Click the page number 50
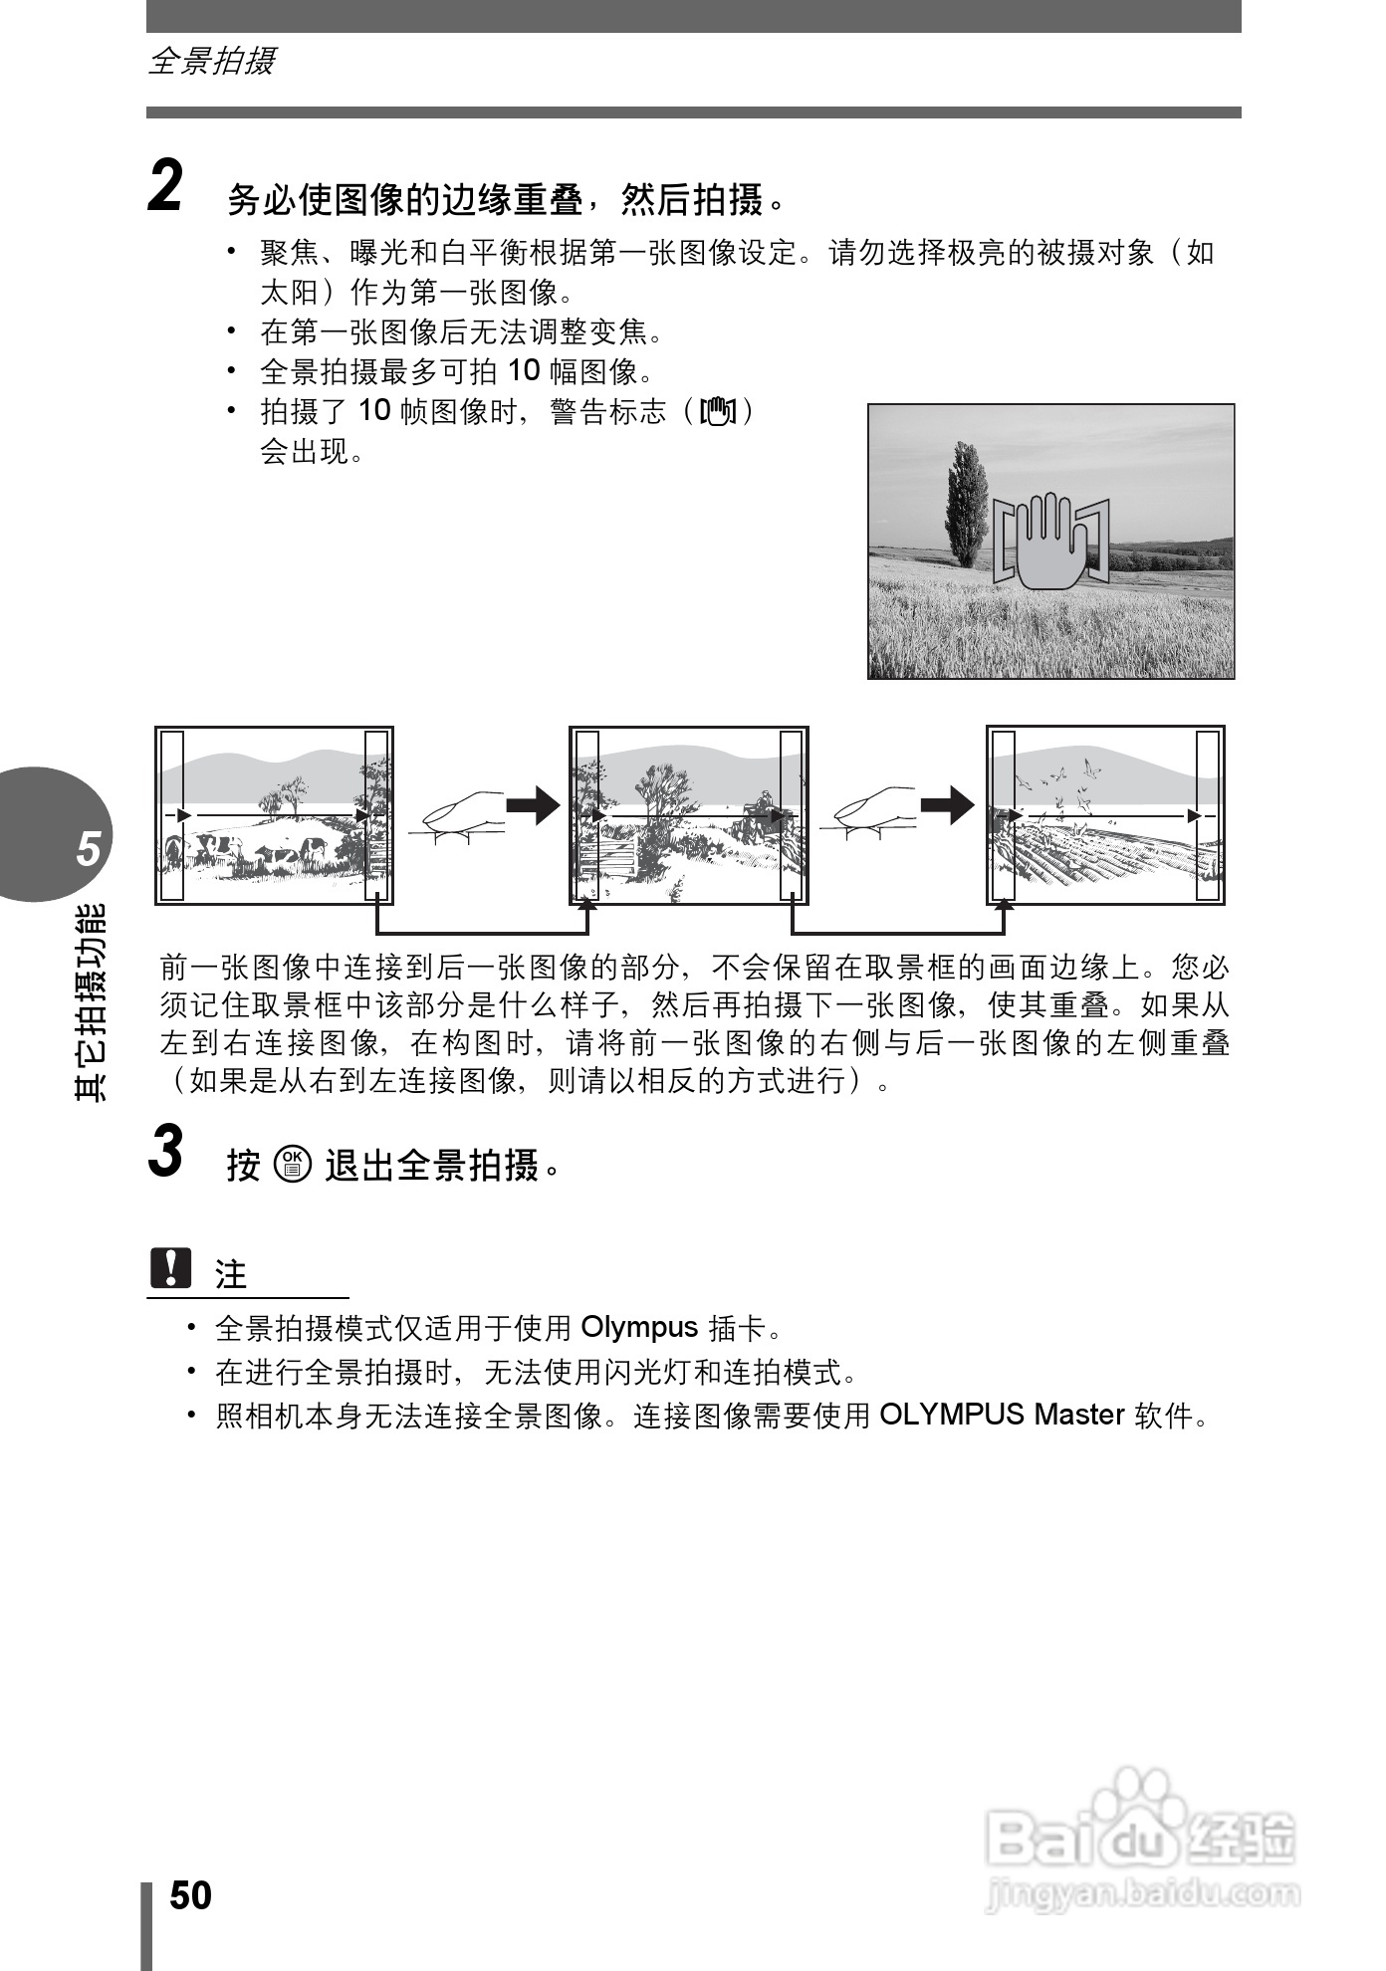coord(190,1895)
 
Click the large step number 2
coord(165,186)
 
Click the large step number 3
coord(165,1151)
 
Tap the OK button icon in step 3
coord(295,1164)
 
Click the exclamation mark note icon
coord(170,1267)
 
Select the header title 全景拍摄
coord(211,62)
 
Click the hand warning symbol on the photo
coord(1051,541)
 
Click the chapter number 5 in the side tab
coord(90,849)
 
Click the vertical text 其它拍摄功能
coord(91,1000)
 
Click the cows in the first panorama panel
coord(269,852)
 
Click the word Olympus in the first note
coord(639,1327)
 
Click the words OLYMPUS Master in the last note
coord(1002,1415)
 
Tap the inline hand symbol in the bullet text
coord(718,410)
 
